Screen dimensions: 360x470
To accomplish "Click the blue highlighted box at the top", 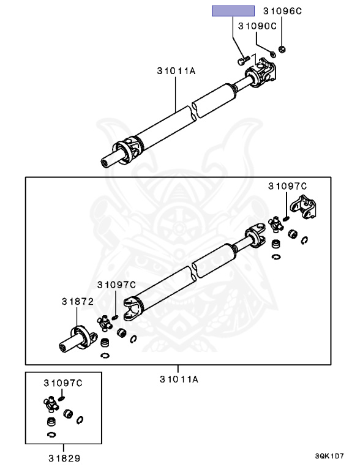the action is (x=233, y=11).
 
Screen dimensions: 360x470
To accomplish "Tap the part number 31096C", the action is (x=282, y=11).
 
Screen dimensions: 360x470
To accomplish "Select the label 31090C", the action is (x=257, y=26).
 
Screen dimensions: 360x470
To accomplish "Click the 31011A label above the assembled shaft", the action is (x=176, y=71).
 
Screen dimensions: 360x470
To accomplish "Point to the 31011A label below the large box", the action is (x=179, y=379).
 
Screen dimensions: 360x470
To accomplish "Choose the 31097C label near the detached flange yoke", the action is (x=287, y=186).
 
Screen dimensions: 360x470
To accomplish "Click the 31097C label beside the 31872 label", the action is (x=116, y=285).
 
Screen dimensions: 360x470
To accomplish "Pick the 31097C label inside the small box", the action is (x=63, y=383).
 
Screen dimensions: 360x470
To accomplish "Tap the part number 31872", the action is (x=78, y=302).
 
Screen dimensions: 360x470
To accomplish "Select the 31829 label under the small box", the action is (x=64, y=458).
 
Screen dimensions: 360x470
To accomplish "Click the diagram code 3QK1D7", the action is (x=329, y=456).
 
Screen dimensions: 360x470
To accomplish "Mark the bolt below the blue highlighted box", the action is (x=243, y=60).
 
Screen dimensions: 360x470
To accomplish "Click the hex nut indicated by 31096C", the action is (x=282, y=49).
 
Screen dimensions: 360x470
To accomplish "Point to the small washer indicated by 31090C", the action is (x=272, y=54).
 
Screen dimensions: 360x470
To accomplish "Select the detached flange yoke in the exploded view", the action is (x=303, y=206).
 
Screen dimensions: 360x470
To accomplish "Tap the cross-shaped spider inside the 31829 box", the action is (x=51, y=403).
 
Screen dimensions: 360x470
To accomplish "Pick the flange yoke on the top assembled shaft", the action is (x=260, y=72).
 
